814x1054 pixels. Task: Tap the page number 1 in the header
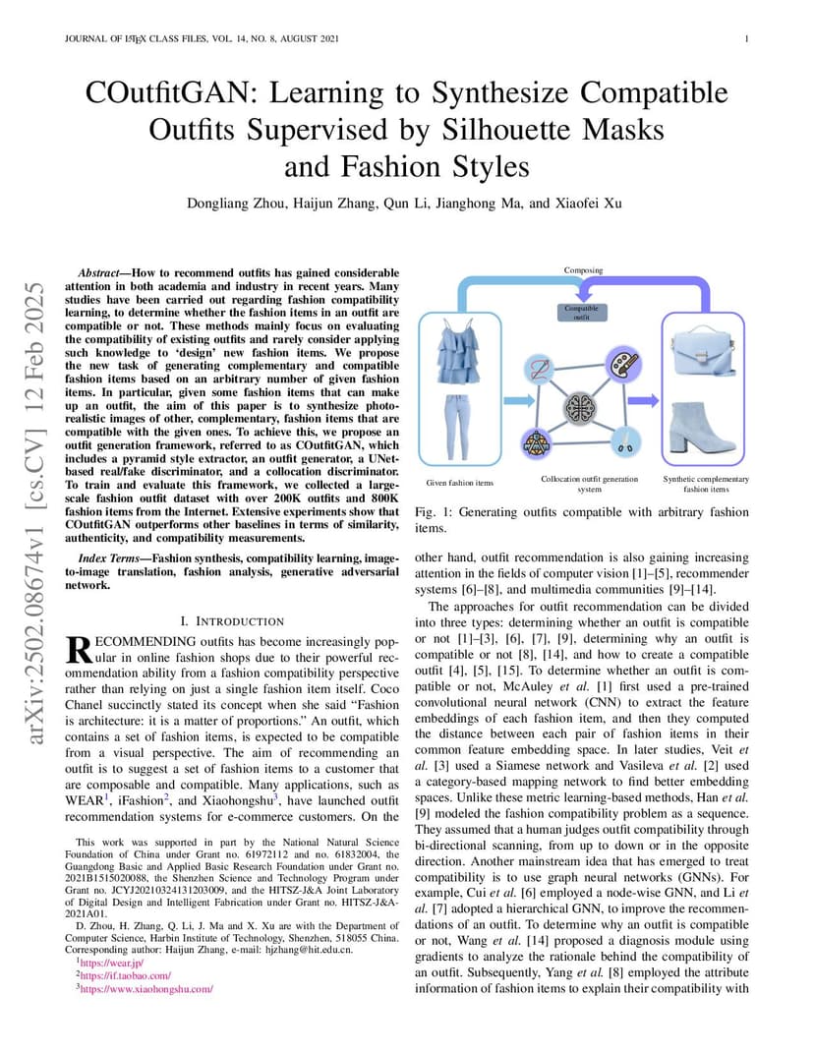746,39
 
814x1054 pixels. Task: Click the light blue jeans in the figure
458,428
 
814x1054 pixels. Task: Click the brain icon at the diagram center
579,408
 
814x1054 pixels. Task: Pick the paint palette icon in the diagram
623,364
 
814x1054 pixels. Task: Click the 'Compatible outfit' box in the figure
582,312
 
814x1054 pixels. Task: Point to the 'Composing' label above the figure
583,270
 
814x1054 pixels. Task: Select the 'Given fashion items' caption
460,483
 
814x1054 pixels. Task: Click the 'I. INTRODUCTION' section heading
233,621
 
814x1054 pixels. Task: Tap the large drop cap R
79,649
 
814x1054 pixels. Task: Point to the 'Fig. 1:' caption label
434,512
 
